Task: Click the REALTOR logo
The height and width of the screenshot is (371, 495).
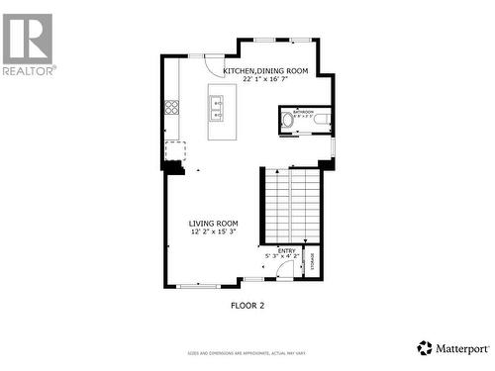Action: tap(28, 44)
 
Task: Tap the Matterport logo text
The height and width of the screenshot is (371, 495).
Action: tap(459, 347)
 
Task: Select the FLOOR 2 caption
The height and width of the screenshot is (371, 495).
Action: tap(247, 305)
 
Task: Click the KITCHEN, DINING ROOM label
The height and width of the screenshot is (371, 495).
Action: tap(265, 71)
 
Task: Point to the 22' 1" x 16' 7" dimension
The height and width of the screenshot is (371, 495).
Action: tap(265, 80)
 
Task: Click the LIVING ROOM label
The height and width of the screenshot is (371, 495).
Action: tap(214, 224)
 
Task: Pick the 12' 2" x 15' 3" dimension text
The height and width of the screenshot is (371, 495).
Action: tap(214, 232)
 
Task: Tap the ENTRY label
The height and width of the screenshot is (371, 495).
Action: tap(285, 251)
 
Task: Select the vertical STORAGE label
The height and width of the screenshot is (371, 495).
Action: tap(314, 262)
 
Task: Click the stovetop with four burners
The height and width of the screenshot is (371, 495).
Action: tap(171, 107)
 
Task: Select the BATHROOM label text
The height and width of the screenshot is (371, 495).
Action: tap(303, 112)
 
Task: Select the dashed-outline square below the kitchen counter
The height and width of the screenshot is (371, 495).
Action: tap(175, 150)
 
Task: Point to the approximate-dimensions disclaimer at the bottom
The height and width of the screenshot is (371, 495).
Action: tap(247, 353)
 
